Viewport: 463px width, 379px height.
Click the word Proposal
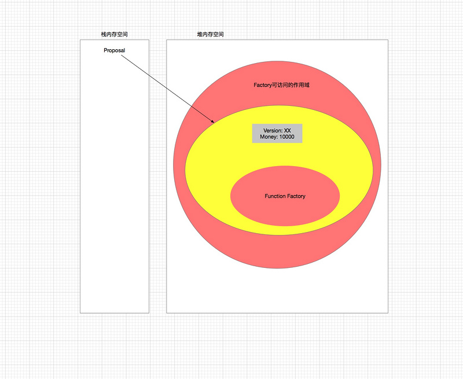point(114,50)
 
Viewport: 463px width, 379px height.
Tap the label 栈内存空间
point(114,35)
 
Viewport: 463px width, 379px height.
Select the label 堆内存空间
point(210,35)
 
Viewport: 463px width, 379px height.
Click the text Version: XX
point(277,131)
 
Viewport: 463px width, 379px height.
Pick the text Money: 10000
point(277,137)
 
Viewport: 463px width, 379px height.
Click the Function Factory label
point(285,196)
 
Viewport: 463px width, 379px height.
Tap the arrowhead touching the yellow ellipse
point(214,122)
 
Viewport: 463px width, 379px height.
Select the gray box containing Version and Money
point(277,134)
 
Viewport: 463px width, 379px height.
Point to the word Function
point(275,196)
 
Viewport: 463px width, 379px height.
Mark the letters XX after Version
point(287,131)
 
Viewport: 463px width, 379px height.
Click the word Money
point(269,137)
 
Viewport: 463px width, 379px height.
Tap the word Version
point(273,131)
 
